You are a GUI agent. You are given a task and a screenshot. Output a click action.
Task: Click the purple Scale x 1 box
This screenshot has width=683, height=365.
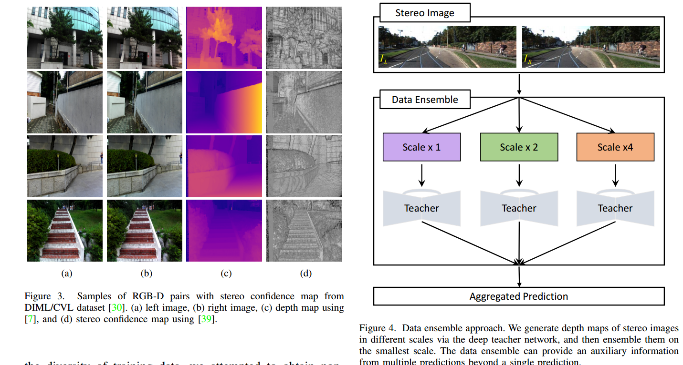point(421,147)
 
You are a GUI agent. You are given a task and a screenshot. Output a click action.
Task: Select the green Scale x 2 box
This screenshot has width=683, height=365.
point(519,147)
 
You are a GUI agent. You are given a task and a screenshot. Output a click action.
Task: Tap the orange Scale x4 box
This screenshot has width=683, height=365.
point(615,147)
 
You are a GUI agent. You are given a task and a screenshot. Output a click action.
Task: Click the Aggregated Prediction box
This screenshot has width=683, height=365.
point(519,296)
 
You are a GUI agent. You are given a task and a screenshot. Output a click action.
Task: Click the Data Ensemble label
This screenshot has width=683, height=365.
point(425,100)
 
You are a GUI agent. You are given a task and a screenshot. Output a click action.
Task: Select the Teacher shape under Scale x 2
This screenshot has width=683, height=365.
point(519,208)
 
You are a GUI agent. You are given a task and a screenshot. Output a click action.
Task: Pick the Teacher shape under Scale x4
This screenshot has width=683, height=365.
point(615,208)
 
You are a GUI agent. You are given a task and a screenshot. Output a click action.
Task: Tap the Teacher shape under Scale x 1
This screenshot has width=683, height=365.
point(421,208)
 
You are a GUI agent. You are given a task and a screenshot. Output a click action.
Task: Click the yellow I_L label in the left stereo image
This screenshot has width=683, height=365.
point(384,59)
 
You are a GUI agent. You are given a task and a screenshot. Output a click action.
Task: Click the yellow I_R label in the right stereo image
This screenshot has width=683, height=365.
point(527,59)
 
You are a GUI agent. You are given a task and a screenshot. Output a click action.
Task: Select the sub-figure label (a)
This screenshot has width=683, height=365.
point(66,274)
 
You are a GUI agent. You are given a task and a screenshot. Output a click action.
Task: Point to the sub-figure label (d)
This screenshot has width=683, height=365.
point(305,274)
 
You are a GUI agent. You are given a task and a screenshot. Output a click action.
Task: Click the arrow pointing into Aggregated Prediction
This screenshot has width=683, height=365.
point(519,276)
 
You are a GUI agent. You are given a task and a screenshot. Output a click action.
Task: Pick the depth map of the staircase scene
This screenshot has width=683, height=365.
point(224,231)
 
